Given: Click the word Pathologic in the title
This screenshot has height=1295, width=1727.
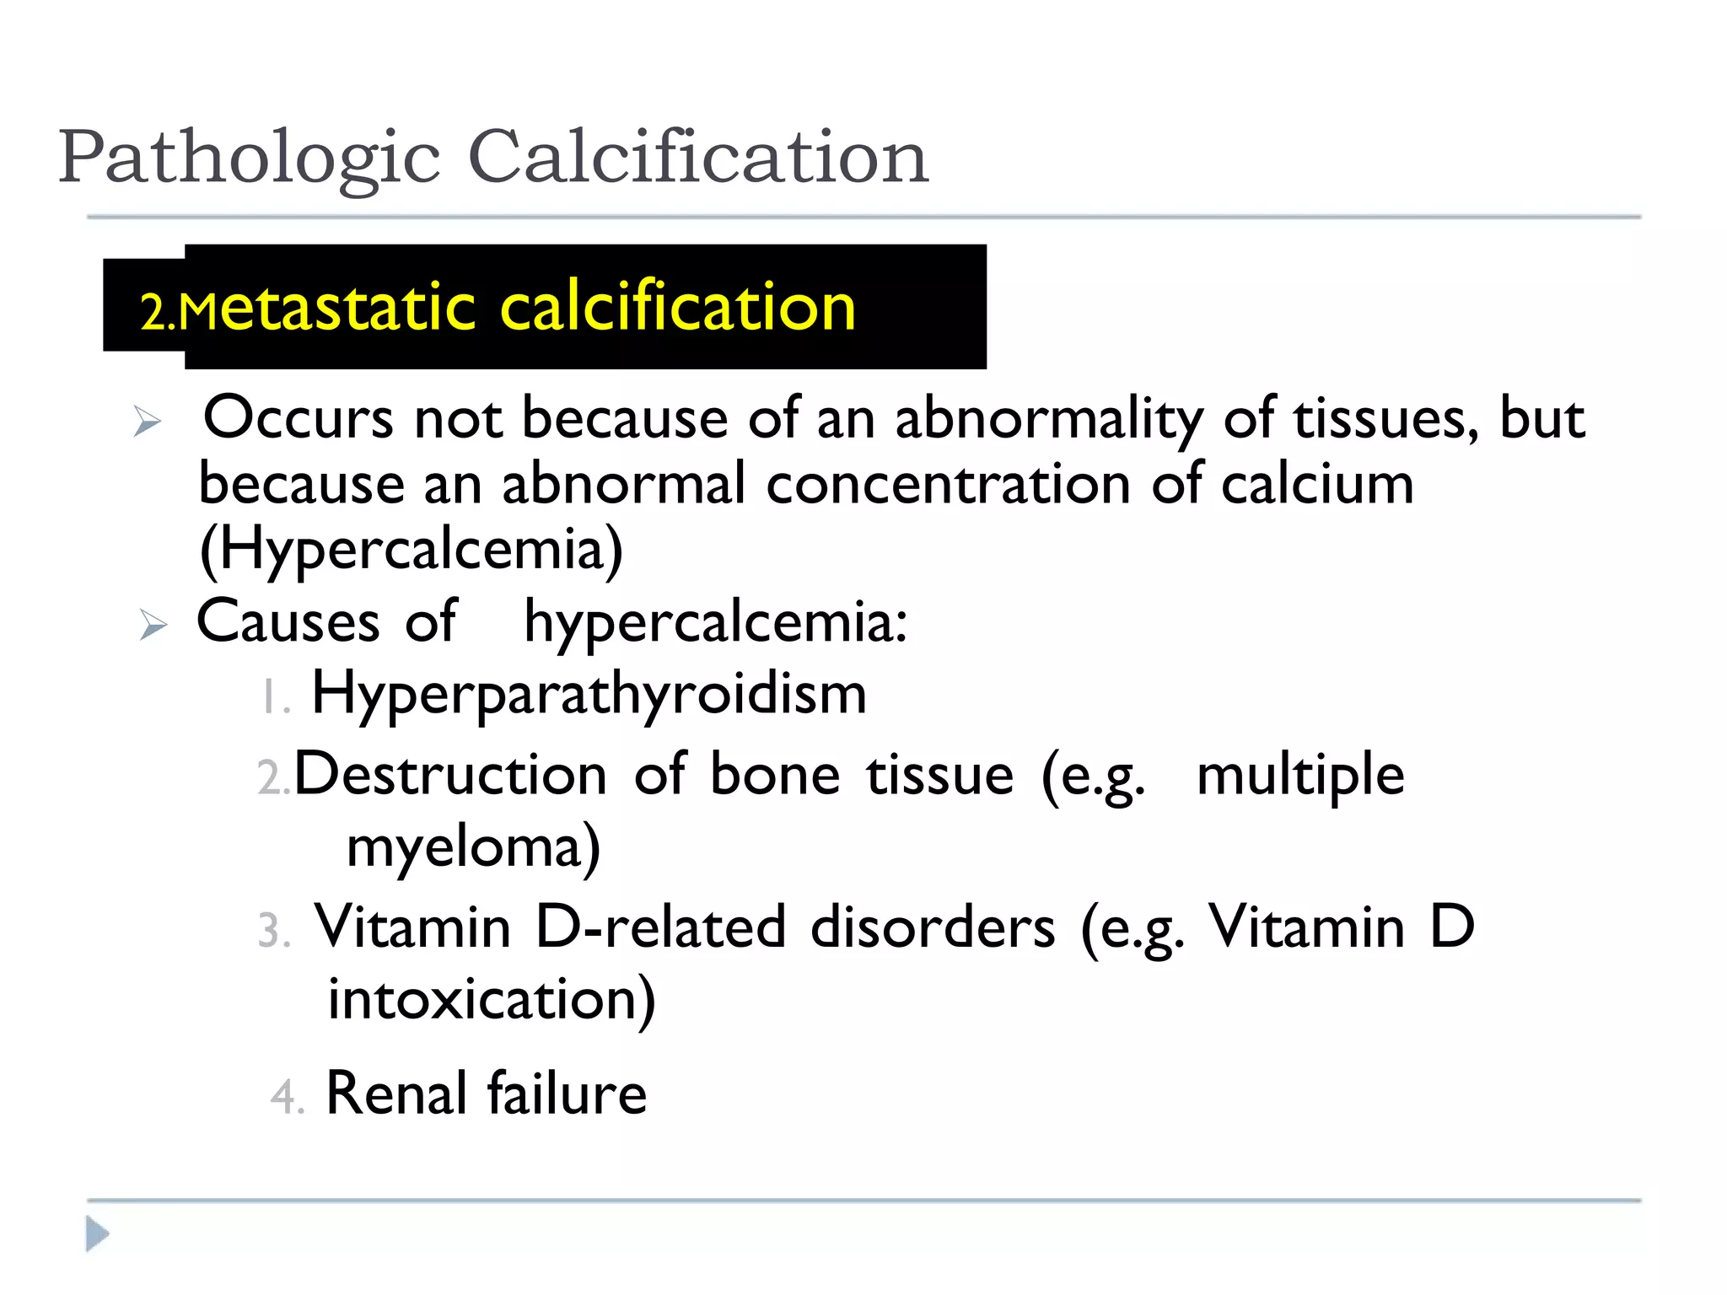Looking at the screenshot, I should click(249, 159).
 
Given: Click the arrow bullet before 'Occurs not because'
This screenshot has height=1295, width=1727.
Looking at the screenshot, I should click(147, 421).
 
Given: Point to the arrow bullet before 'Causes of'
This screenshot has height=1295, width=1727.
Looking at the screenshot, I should click(153, 625).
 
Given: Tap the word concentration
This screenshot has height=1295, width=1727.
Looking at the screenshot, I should click(949, 485).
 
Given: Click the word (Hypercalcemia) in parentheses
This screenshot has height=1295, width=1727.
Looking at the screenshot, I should click(412, 550).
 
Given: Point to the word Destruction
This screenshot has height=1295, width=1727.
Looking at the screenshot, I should click(450, 775).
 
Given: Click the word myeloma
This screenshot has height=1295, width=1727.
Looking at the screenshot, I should click(472, 847).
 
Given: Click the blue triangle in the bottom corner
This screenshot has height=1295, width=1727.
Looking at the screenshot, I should click(97, 1234).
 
